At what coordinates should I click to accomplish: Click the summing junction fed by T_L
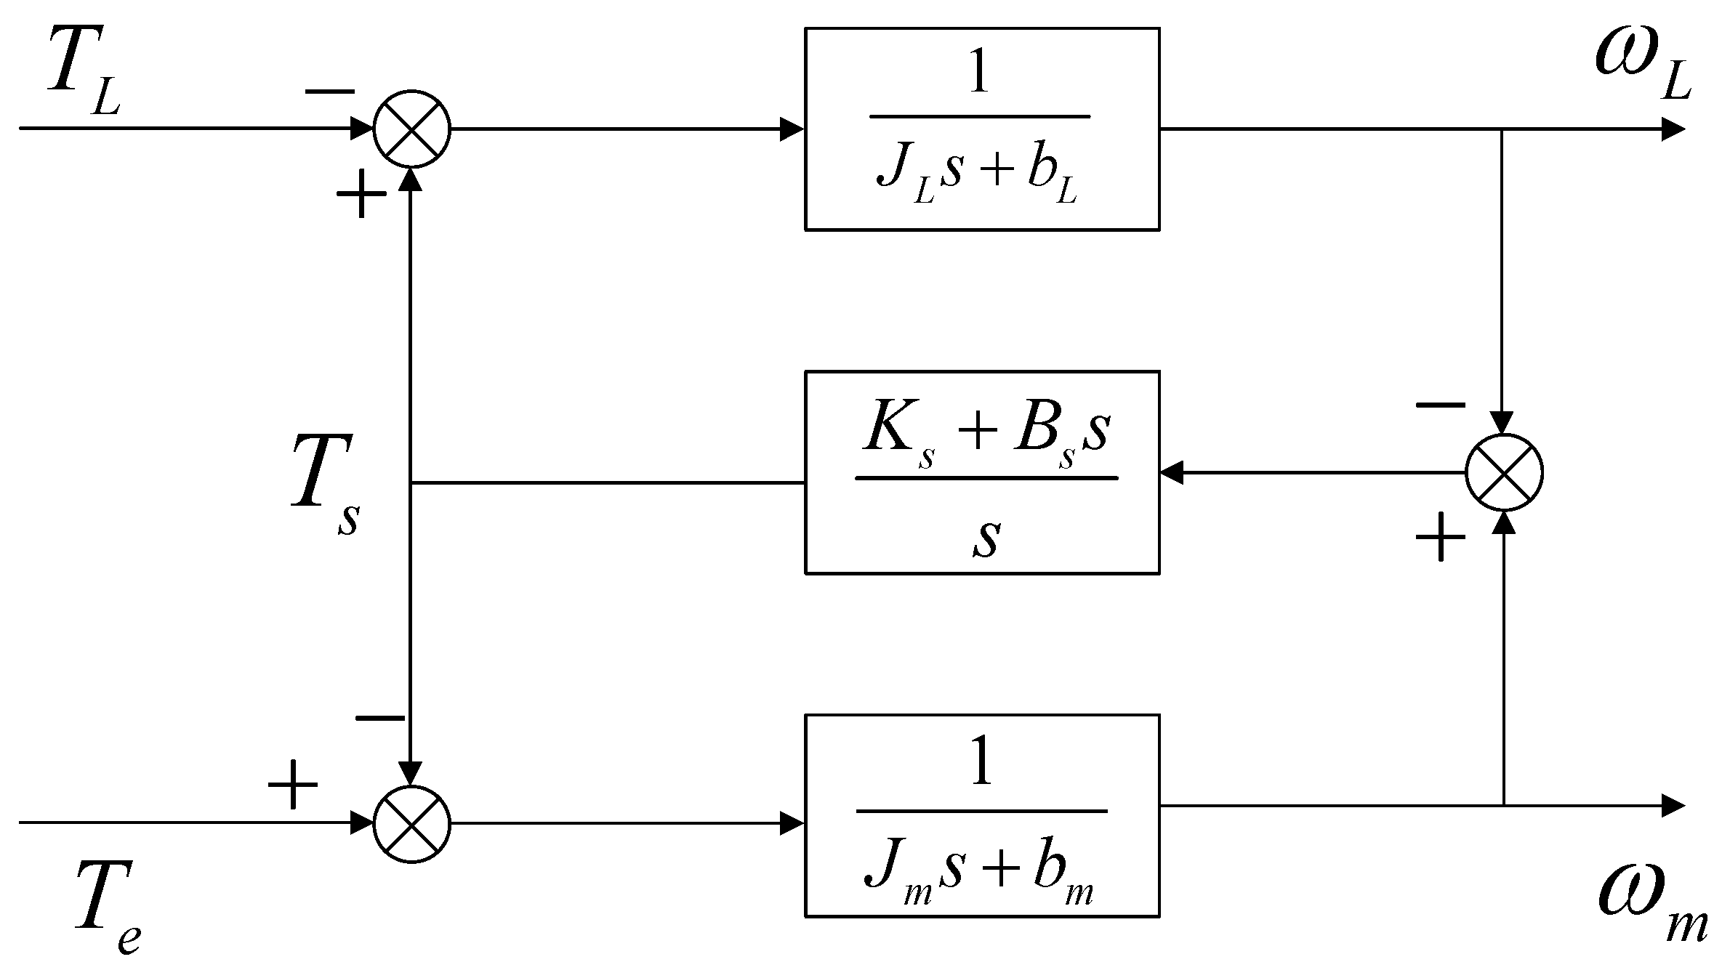tap(412, 129)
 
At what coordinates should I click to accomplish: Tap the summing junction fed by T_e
tap(412, 824)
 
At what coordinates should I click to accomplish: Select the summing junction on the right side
tap(1504, 473)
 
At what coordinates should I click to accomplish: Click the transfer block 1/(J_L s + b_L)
tap(981, 129)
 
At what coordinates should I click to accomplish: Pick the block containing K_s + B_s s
tap(981, 473)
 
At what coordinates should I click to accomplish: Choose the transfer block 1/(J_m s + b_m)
tap(981, 816)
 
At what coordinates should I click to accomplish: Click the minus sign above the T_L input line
tap(329, 92)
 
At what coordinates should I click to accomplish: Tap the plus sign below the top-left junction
tap(361, 195)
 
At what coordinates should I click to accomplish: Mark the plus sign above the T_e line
tap(293, 785)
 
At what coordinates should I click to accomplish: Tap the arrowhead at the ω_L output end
tap(1673, 130)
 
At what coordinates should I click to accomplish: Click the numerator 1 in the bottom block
tap(981, 767)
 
